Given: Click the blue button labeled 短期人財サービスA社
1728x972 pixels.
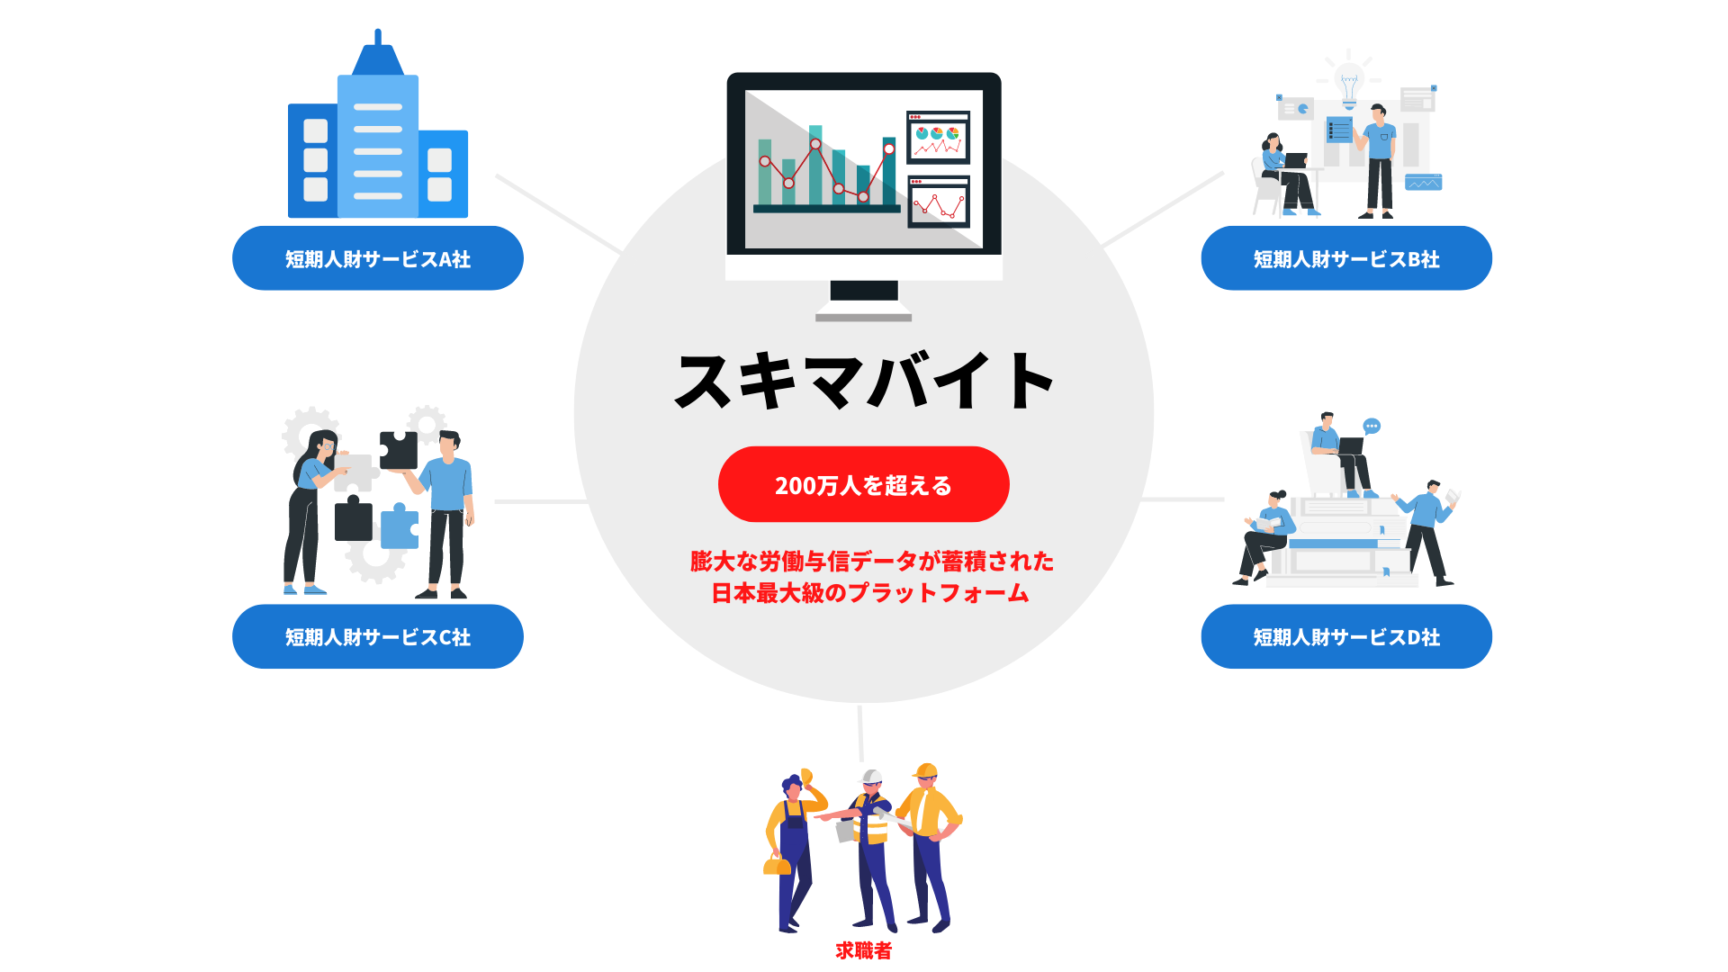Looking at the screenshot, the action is click(378, 258).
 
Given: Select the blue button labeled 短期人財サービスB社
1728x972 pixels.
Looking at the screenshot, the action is click(1346, 258).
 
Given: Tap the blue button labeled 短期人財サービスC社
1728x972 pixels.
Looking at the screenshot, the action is click(378, 636).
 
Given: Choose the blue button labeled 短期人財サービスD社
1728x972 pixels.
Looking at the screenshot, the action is click(1346, 636).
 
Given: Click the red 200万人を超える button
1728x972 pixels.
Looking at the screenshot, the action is click(863, 484).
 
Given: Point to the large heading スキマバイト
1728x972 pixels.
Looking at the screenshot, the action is click(863, 382).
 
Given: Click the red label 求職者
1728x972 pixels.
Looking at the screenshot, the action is click(863, 950).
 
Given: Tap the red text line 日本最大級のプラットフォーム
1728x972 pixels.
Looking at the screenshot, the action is click(869, 593).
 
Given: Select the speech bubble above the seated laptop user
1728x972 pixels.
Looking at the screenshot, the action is click(1372, 426).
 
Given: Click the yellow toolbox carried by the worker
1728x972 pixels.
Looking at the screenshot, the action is click(777, 866).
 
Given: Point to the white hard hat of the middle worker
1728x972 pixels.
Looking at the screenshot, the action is click(871, 777).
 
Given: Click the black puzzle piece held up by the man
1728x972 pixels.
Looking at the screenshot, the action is click(398, 450).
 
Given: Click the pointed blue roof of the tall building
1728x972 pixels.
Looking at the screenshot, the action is click(378, 58).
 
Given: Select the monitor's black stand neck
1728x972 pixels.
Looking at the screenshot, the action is click(864, 291).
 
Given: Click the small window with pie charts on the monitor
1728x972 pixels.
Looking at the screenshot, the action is click(938, 137).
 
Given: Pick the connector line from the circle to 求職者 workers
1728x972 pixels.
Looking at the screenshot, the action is click(860, 733).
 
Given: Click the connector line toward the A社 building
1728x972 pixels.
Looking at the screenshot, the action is click(558, 213).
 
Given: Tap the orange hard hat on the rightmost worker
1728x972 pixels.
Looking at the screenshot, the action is click(925, 771).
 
